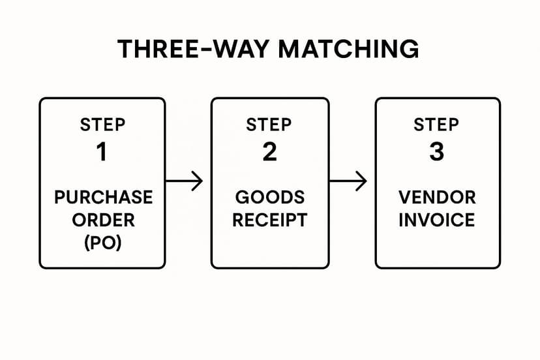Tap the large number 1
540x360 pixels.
point(102,152)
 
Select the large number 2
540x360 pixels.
point(269,152)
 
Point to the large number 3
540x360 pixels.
point(437,152)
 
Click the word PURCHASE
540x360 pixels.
point(102,197)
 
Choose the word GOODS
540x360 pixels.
point(269,197)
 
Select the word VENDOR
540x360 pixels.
point(437,197)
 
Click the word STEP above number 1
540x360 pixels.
point(102,125)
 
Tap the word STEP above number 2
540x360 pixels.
point(269,125)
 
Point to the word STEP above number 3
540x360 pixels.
point(437,125)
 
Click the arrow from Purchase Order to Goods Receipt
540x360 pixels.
point(185,181)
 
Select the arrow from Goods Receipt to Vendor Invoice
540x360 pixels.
point(349,181)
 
